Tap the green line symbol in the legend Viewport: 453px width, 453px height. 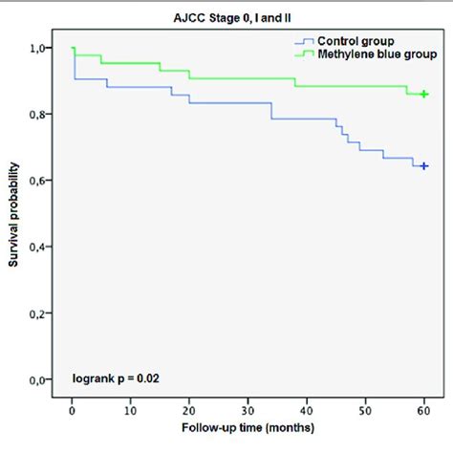pyautogui.click(x=304, y=56)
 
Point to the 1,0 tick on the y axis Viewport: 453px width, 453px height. pyautogui.click(x=41, y=48)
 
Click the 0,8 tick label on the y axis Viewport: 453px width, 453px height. pyautogui.click(x=41, y=115)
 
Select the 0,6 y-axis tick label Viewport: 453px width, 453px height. pyautogui.click(x=41, y=181)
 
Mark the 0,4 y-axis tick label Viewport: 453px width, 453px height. pyautogui.click(x=41, y=248)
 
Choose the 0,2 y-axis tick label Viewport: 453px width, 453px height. pyautogui.click(x=41, y=313)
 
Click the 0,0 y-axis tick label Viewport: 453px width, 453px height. pyautogui.click(x=41, y=380)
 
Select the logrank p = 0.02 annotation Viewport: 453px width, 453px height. pyautogui.click(x=116, y=378)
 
